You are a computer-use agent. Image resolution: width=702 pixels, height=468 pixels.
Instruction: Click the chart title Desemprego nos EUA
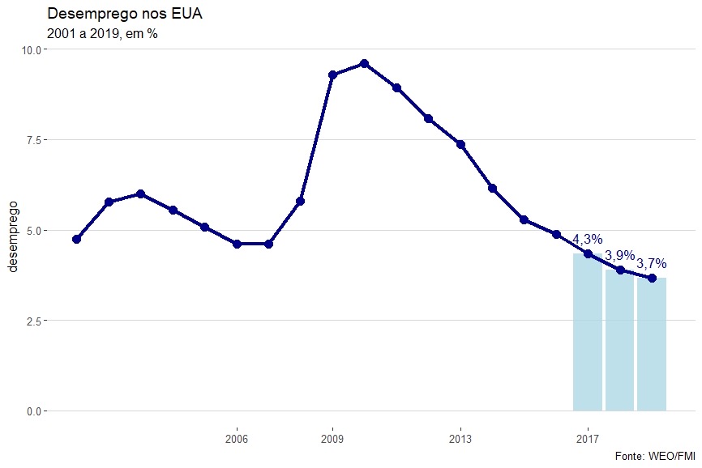point(123,14)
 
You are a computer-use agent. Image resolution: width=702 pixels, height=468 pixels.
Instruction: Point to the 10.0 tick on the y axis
point(32,49)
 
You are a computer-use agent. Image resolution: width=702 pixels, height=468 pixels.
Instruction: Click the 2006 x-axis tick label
point(236,439)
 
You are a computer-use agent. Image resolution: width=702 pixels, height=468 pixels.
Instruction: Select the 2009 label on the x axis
point(332,439)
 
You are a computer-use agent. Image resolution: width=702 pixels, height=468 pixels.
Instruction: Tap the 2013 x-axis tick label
point(460,439)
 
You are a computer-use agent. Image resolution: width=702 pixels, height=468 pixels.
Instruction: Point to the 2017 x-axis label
point(588,439)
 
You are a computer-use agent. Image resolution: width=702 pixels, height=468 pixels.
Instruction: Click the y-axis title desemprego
point(13,231)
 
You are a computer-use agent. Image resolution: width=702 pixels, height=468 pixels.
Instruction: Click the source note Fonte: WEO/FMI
point(656,456)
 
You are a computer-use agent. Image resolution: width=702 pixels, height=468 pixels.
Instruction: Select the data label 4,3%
point(588,240)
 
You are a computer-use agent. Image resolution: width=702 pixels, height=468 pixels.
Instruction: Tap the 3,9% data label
point(620,255)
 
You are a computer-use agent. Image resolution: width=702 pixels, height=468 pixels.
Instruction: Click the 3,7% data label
point(652,263)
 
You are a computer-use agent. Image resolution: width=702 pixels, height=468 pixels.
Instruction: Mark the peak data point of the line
point(364,63)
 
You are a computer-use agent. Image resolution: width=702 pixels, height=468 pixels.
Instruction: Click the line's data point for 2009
point(332,74)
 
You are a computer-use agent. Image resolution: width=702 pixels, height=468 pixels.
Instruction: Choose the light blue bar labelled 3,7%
point(652,344)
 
